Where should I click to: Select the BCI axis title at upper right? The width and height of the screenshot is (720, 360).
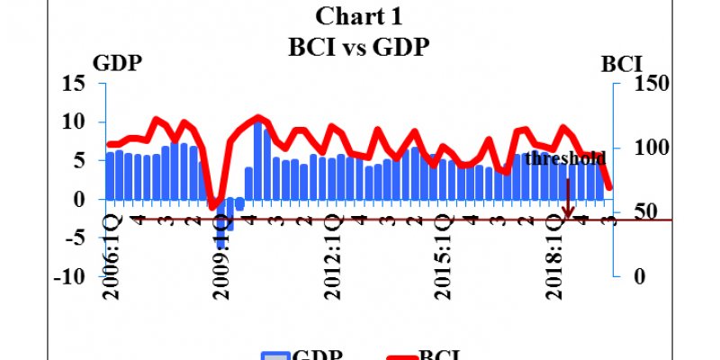pos(621,65)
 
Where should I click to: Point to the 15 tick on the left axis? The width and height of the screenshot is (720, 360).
pos(73,84)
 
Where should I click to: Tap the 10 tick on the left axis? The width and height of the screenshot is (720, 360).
pos(73,122)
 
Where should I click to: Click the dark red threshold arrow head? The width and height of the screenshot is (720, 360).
pos(568,215)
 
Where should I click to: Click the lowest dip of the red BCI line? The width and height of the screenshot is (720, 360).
pos(214,208)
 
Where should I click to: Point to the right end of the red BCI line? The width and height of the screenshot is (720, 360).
pos(609,187)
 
